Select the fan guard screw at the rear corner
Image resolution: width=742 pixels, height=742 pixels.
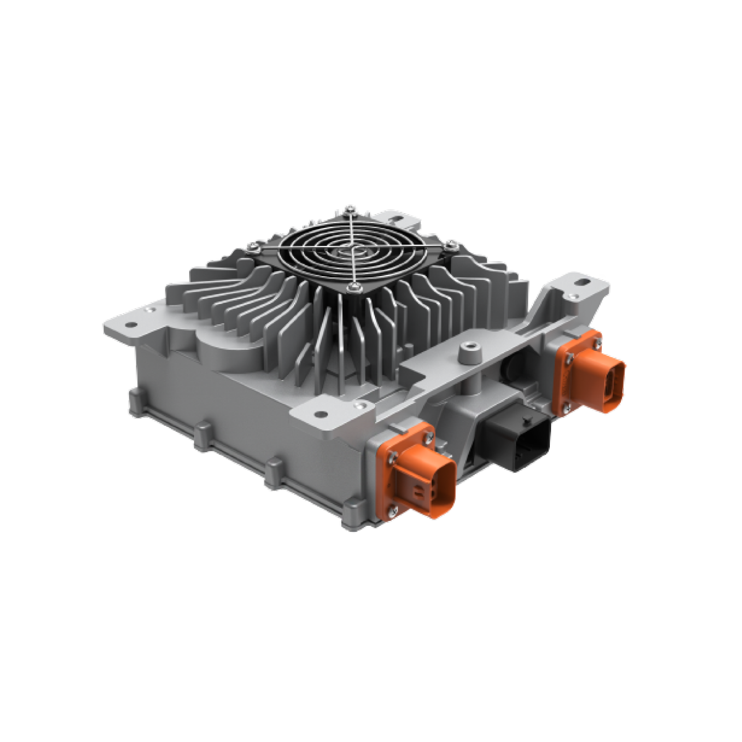tap(351, 208)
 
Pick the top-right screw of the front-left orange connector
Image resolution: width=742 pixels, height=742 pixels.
tap(428, 437)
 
